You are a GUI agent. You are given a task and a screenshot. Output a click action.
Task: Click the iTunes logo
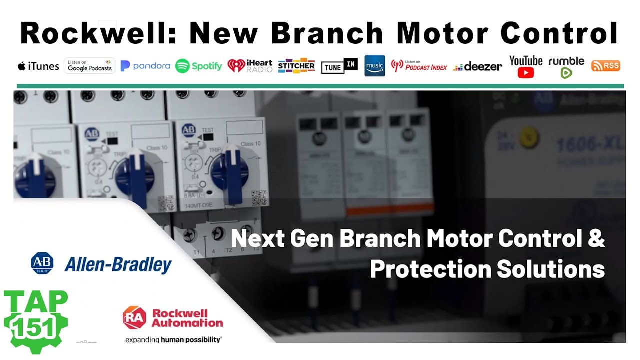[x=38, y=66]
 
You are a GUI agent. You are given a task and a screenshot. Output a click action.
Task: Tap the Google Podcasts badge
[x=90, y=66]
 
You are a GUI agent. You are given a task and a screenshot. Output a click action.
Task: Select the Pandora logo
[x=145, y=66]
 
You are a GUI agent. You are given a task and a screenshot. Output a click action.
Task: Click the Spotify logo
[x=199, y=66]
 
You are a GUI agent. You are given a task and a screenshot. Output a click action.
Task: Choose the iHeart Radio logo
[x=250, y=66]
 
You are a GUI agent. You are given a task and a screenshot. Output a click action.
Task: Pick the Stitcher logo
[x=296, y=66]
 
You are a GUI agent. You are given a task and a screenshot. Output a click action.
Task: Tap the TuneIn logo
[x=339, y=66]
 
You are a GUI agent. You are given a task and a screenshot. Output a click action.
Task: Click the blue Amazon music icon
[x=375, y=65]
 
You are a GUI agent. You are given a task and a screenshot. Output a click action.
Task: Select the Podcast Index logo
[x=419, y=65]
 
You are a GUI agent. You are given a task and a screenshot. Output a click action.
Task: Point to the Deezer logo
[x=477, y=67]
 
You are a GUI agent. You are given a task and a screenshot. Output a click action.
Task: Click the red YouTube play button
[x=526, y=73]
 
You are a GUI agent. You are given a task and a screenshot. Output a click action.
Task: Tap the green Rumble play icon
[x=566, y=73]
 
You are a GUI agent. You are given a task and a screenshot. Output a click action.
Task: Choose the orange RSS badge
[x=605, y=65]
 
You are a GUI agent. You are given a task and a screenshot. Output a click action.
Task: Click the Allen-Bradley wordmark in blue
[x=118, y=265]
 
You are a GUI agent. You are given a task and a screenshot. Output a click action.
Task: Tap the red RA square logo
[x=134, y=318]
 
